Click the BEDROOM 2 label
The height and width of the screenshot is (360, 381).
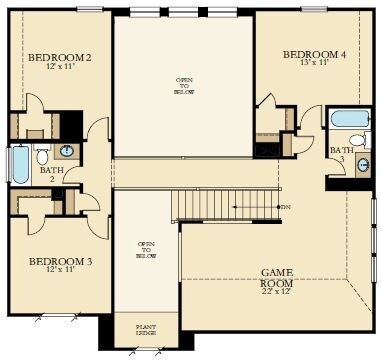60,57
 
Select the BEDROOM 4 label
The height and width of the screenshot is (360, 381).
314,53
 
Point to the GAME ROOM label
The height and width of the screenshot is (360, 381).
276,277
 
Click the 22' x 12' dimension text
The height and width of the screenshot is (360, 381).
276,292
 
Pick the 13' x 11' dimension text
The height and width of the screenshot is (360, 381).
314,62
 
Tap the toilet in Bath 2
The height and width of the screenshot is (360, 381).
42,156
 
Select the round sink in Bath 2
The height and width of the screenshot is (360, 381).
65,151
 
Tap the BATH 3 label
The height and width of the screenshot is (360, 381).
337,153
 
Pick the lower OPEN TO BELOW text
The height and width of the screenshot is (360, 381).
146,250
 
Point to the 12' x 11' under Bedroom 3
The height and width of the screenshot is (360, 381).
59,270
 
